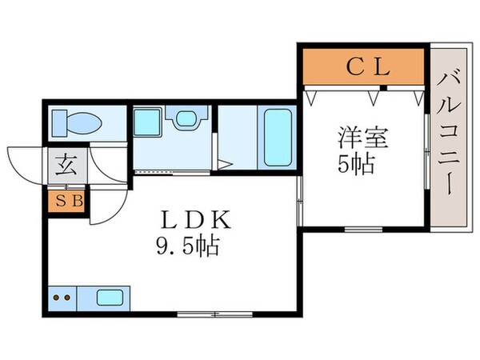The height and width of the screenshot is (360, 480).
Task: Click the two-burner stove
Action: [x=62, y=298]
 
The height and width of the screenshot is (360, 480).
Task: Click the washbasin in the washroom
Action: [x=186, y=120]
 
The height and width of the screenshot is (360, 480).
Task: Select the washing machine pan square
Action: [x=148, y=124]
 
